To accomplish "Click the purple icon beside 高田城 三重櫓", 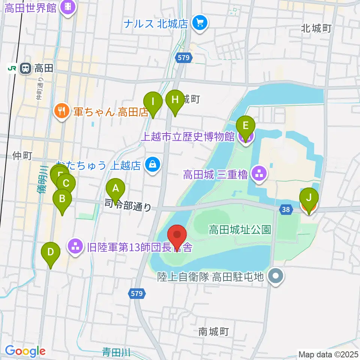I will click(258, 174).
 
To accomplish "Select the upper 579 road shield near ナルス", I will click(184, 57).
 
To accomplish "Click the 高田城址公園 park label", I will click(240, 229).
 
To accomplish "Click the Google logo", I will click(25, 351).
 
